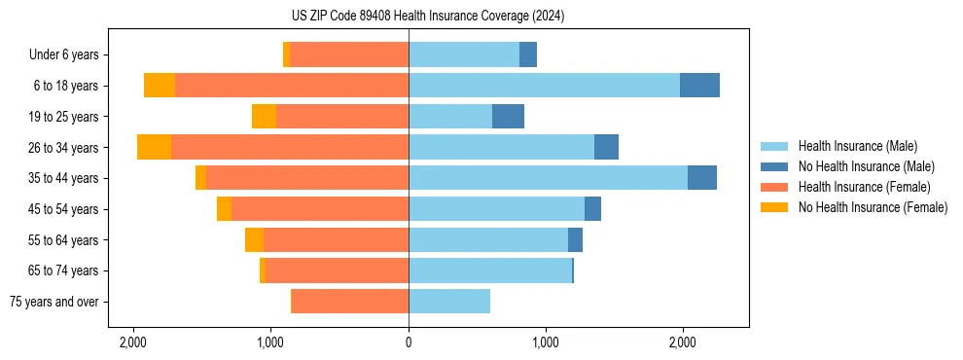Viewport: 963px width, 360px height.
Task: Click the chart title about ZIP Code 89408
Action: [427, 16]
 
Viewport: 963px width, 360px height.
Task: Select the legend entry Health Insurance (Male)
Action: [857, 146]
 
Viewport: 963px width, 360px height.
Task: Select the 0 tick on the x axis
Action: [409, 342]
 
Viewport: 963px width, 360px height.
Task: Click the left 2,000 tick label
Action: [133, 342]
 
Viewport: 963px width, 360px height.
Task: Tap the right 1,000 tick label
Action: [546, 342]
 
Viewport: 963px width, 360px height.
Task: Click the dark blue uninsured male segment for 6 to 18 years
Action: [699, 86]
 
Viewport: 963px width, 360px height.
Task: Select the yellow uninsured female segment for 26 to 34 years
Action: [154, 147]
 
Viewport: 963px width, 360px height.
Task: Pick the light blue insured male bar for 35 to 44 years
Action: [548, 178]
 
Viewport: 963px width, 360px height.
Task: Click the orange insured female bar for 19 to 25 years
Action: [342, 117]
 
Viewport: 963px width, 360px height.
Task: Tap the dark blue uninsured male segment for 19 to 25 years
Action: [508, 117]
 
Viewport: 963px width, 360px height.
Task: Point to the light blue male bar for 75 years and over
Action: [449, 302]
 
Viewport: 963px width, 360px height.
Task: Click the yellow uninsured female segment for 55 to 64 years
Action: [254, 239]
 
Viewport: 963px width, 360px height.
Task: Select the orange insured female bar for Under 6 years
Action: [349, 55]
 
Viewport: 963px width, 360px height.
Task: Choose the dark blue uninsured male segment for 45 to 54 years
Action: [592, 209]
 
